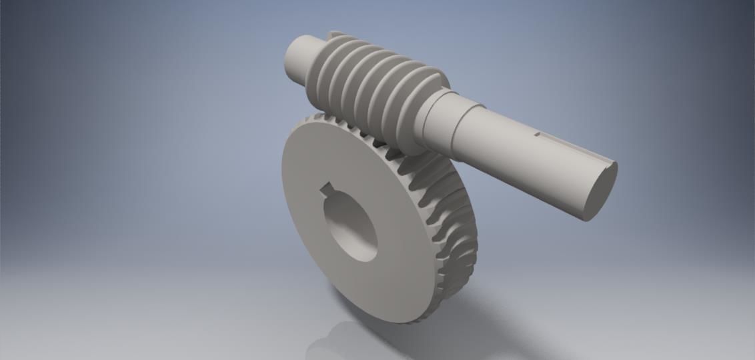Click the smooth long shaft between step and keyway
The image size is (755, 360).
[507, 133]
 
